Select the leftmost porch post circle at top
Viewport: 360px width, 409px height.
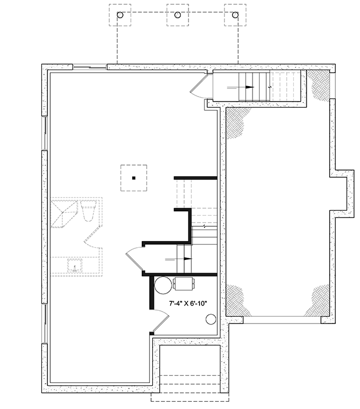coord(120,15)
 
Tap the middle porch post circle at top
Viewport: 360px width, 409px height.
coord(178,15)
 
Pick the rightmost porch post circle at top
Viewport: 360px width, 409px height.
coord(235,15)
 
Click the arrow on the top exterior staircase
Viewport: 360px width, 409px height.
coord(249,87)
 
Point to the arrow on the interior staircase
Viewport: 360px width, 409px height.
coord(187,258)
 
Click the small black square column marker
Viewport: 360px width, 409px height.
coord(133,178)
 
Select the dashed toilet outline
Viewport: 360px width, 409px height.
coord(88,210)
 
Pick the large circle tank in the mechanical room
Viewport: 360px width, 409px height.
coord(163,285)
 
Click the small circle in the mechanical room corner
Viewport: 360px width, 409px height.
coord(210,318)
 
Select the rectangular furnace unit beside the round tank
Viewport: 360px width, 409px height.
coord(183,284)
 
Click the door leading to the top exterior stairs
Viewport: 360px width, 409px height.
coord(200,87)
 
